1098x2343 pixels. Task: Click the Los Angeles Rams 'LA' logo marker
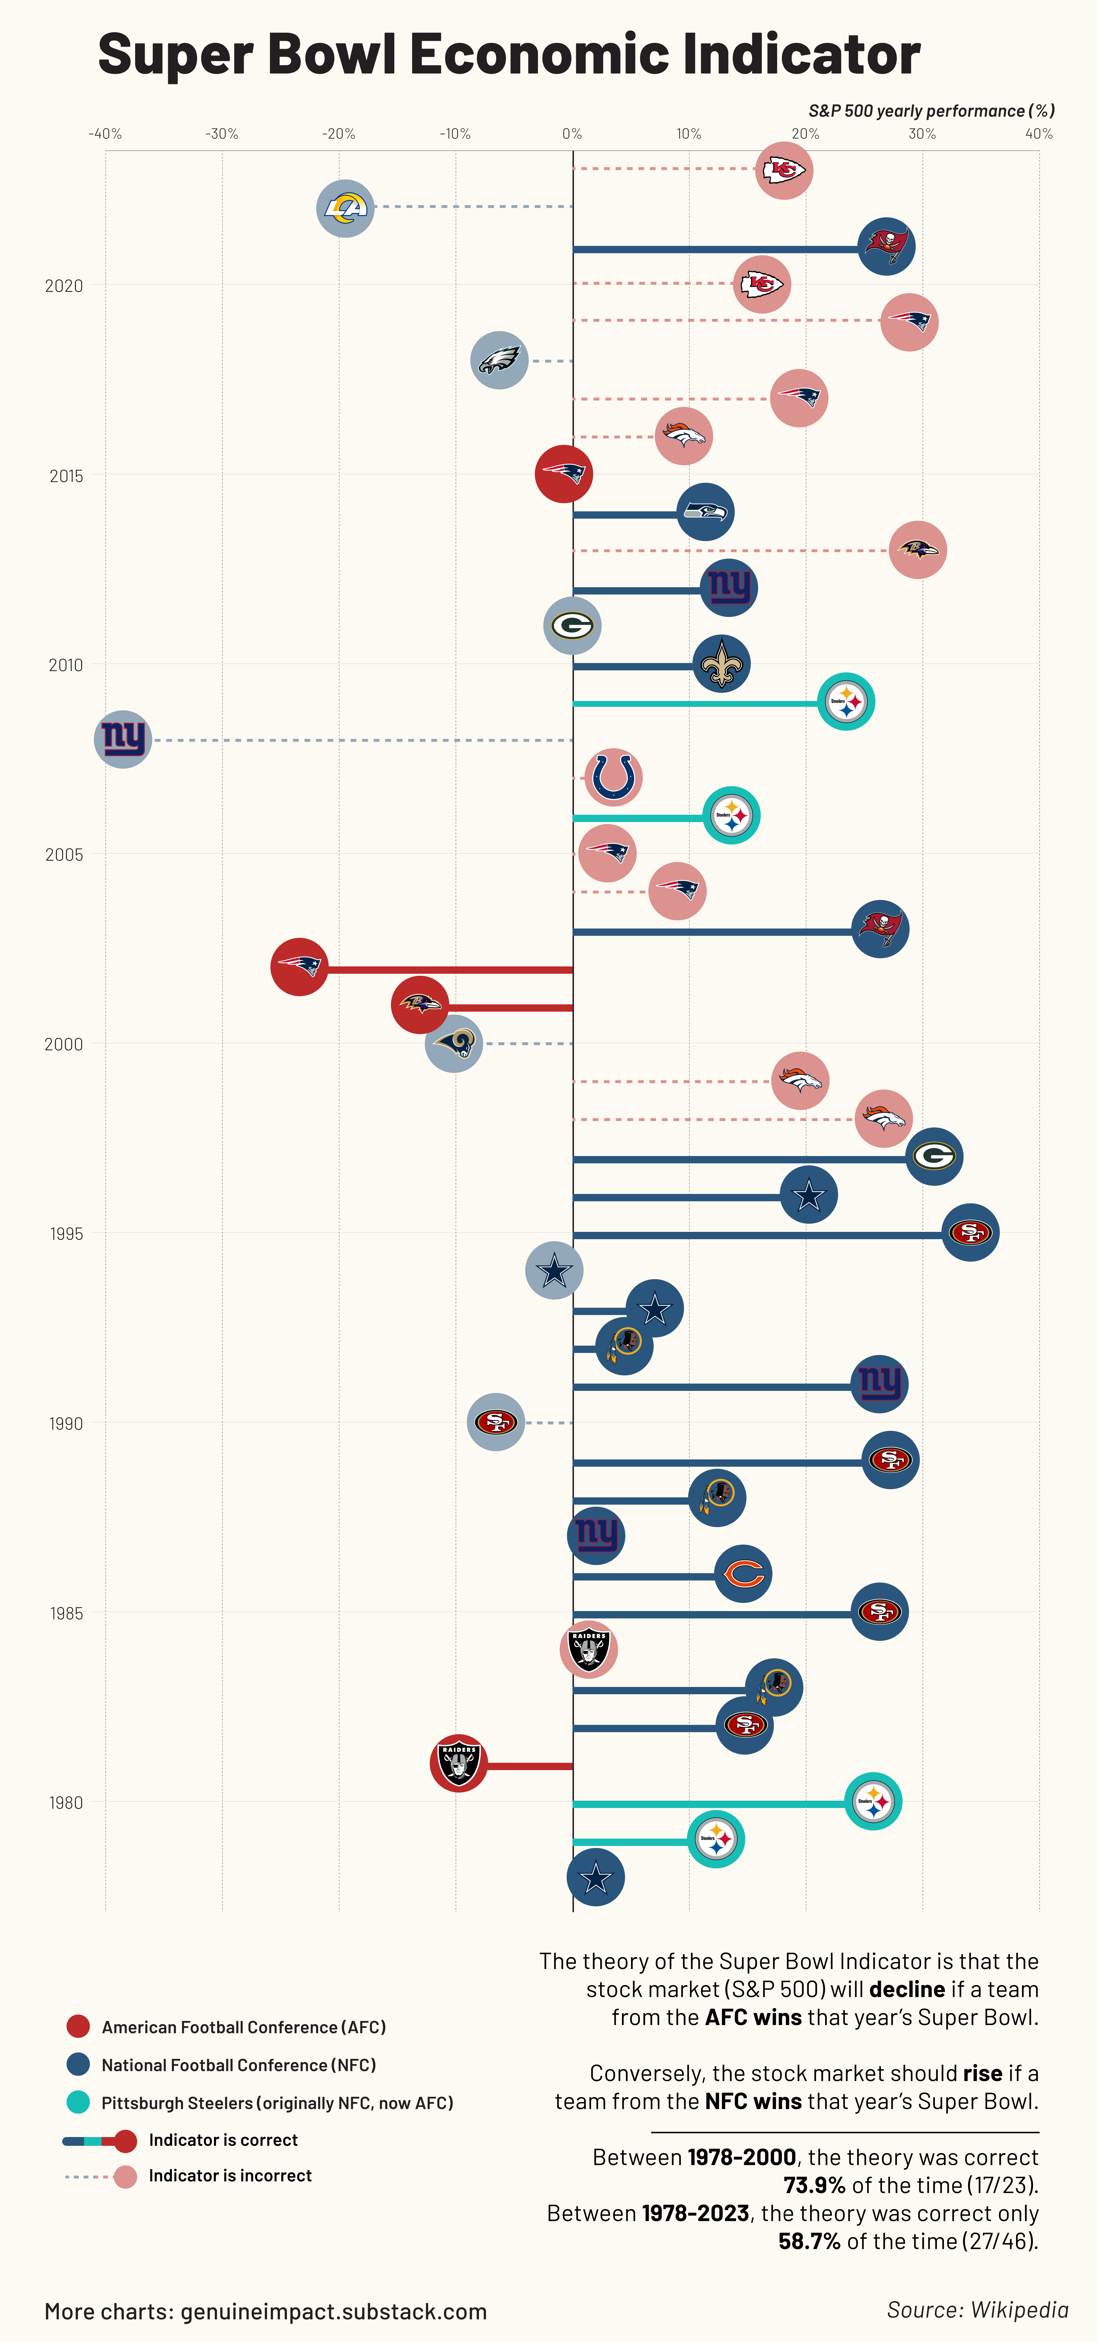pos(345,208)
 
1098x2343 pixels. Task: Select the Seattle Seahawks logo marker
pos(705,512)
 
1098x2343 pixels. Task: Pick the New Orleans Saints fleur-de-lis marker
pos(721,664)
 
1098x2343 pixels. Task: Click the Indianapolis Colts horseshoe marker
pos(613,778)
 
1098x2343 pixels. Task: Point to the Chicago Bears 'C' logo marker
pos(743,1573)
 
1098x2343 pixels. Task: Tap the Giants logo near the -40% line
pos(123,739)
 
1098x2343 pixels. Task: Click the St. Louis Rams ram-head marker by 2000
pos(453,1043)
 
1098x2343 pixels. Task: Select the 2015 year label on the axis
pos(65,476)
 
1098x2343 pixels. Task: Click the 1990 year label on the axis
pos(65,1424)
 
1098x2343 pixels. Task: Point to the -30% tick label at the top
pos(222,134)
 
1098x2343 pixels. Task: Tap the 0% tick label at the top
pos(571,134)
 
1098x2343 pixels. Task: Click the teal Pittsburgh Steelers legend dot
pos(78,2102)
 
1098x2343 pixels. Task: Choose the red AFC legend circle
pos(78,2026)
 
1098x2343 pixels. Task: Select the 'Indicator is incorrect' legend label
pos(230,2176)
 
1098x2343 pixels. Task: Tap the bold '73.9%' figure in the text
pos(814,2185)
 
